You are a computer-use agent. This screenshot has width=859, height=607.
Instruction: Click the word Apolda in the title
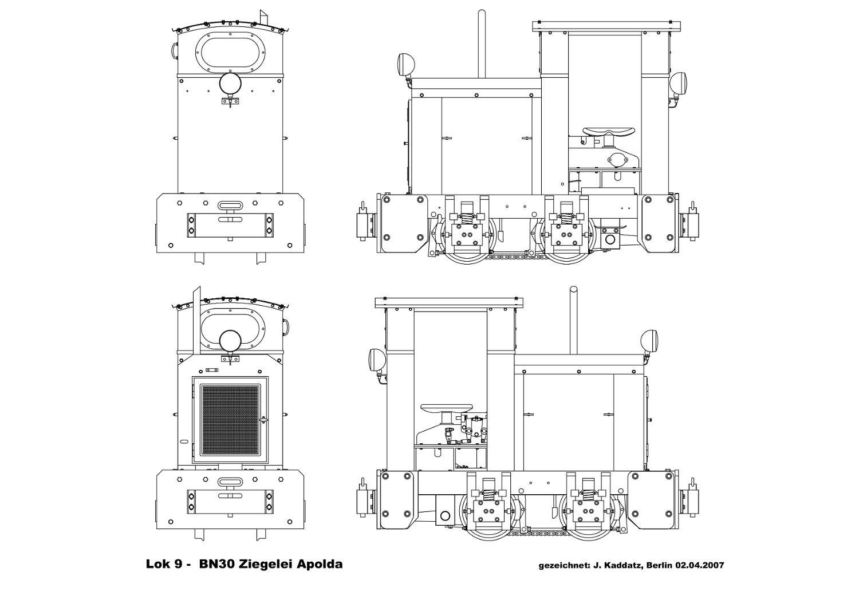[x=320, y=565]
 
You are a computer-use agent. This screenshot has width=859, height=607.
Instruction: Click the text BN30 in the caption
[x=216, y=564]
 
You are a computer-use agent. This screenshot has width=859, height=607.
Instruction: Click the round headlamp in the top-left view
[x=230, y=83]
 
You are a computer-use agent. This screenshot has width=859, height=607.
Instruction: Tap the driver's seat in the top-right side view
[x=609, y=132]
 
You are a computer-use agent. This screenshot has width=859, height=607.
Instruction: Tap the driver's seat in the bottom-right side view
[x=447, y=408]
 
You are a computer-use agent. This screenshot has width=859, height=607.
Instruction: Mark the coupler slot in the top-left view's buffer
[x=230, y=206]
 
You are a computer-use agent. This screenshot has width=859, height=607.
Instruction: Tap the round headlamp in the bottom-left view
[x=230, y=341]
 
